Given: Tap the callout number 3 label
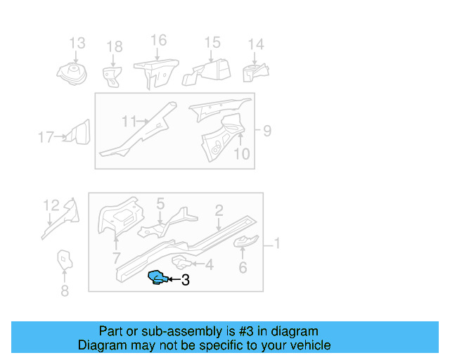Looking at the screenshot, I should coord(185,281).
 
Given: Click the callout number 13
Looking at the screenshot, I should coord(77,43).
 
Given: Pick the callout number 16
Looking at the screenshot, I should coord(158,40).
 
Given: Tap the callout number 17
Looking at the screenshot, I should coord(46,137).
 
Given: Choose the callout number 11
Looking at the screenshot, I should coord(127,122).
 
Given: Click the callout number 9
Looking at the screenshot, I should coord(266,130).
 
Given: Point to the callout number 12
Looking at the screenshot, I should coord(51,205).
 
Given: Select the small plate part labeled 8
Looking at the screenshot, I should coord(64,260).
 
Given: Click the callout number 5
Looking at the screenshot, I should coord(160,204).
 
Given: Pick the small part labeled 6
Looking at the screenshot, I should coord(245,243).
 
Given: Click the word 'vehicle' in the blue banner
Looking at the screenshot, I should coord(307,345).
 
